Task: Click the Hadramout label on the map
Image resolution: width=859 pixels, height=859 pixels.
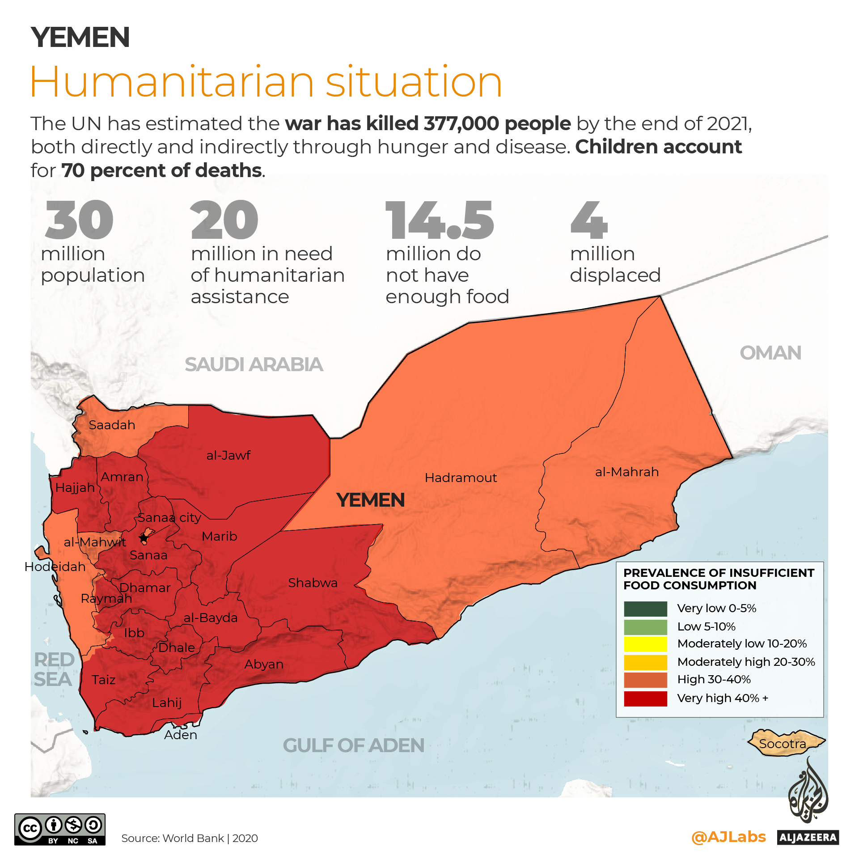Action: (461, 478)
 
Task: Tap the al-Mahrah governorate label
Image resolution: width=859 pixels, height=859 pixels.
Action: (626, 472)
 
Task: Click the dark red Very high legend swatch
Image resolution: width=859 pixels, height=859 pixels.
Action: (645, 698)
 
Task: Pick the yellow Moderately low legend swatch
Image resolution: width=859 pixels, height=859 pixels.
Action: (645, 644)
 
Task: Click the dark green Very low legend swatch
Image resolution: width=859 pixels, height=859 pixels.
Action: (645, 609)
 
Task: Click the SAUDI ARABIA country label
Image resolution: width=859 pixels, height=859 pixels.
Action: (254, 364)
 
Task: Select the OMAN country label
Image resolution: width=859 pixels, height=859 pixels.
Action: (770, 353)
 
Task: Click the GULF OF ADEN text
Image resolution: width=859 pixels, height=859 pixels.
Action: (353, 745)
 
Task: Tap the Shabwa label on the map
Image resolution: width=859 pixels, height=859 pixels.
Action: (313, 583)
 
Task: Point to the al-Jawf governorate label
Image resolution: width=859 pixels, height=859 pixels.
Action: (228, 455)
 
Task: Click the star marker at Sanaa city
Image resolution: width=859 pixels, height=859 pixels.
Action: (144, 537)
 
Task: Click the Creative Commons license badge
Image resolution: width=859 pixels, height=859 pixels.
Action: (60, 829)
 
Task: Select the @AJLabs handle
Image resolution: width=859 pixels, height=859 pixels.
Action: (728, 837)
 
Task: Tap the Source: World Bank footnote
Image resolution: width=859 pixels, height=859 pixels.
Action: (190, 838)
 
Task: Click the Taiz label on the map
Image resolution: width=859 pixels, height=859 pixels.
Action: (103, 680)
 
